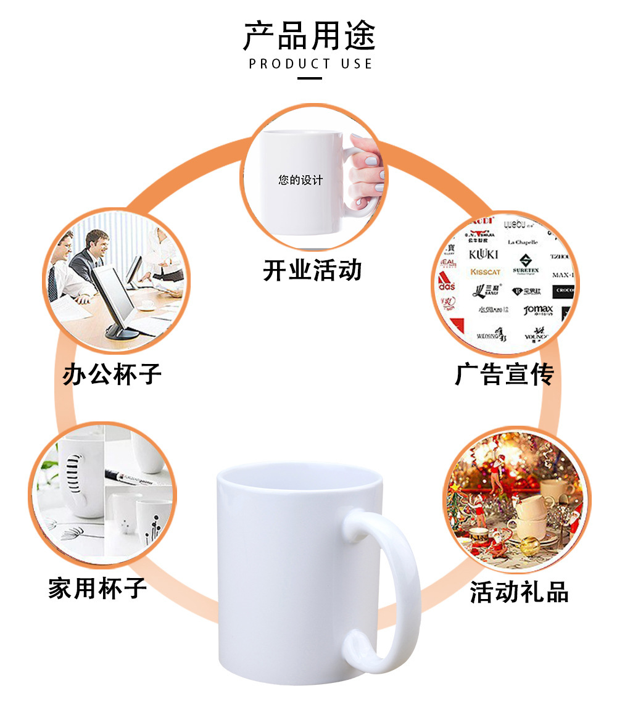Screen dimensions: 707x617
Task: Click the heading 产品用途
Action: (x=309, y=35)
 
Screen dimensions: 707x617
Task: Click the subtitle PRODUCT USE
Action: (x=310, y=64)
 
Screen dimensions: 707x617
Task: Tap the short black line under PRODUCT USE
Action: (x=310, y=78)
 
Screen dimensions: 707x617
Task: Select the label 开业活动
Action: (x=312, y=270)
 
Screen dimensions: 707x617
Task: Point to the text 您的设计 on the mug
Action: (x=300, y=180)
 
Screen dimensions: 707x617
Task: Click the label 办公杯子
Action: (x=112, y=374)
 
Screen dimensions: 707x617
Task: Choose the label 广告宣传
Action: (x=504, y=374)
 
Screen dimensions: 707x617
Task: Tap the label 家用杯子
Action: (x=97, y=588)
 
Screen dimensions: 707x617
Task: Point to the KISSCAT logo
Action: (x=486, y=272)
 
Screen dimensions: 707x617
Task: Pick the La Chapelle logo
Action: (x=523, y=242)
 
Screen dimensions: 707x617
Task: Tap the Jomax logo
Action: (x=538, y=310)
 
